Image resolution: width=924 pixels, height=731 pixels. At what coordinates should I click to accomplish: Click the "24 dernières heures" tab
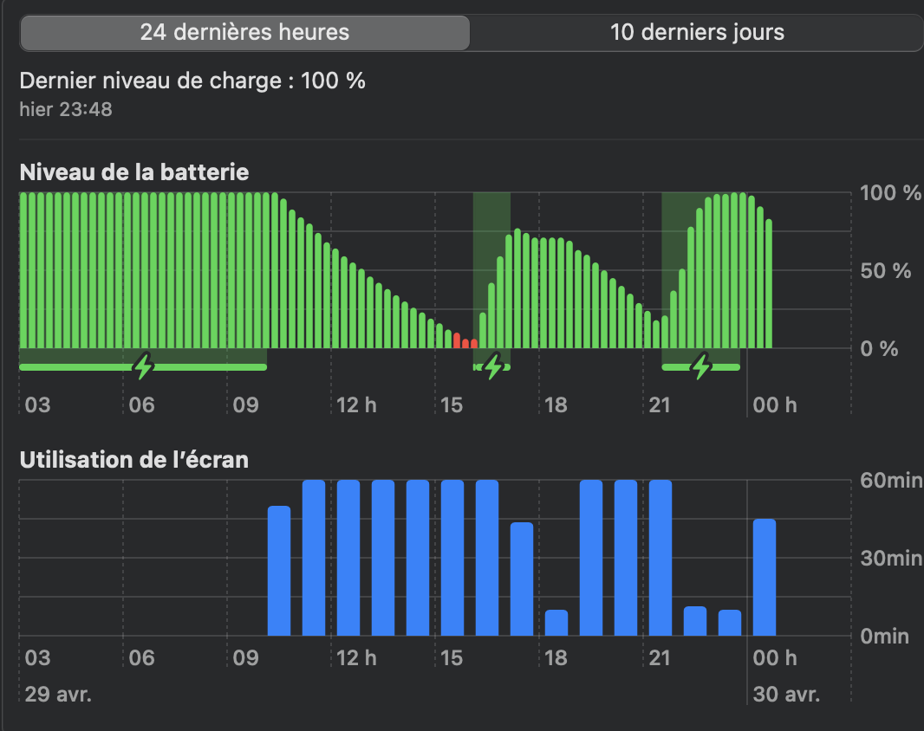pos(244,33)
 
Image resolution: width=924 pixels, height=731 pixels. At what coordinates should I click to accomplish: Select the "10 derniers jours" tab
pos(697,33)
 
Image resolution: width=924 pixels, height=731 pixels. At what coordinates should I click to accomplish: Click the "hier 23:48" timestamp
pos(66,110)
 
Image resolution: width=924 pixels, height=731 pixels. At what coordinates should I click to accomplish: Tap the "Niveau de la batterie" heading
pos(134,172)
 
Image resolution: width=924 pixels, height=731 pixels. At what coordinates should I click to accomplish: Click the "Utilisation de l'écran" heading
pos(134,460)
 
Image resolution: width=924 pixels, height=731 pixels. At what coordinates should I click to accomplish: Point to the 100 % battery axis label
pos(890,193)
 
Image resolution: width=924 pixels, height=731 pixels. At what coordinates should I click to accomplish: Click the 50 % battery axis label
pos(885,271)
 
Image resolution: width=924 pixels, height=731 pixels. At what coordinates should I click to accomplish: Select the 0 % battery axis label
pos(880,349)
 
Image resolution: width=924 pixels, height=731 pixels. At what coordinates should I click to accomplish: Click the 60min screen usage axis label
pos(891,481)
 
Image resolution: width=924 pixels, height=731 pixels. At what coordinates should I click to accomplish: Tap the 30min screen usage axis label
pos(891,559)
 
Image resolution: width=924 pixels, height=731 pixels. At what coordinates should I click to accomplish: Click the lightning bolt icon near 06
pos(144,366)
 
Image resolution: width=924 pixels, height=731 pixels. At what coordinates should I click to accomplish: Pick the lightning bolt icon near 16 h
pos(493,366)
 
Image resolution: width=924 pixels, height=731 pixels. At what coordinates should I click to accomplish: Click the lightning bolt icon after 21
pos(701,366)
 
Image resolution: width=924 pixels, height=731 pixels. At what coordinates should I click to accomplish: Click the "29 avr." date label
pos(58,695)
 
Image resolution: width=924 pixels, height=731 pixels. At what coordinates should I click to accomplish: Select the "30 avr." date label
pos(786,695)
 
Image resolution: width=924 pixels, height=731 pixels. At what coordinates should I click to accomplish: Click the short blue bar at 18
pos(556,623)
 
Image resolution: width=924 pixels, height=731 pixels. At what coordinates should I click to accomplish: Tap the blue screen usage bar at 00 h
pos(765,577)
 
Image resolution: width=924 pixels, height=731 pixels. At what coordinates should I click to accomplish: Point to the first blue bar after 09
pos(279,571)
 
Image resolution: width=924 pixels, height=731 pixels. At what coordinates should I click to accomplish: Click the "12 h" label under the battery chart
pos(356,405)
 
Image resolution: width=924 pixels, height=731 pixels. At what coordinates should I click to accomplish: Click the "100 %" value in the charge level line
pos(333,81)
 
